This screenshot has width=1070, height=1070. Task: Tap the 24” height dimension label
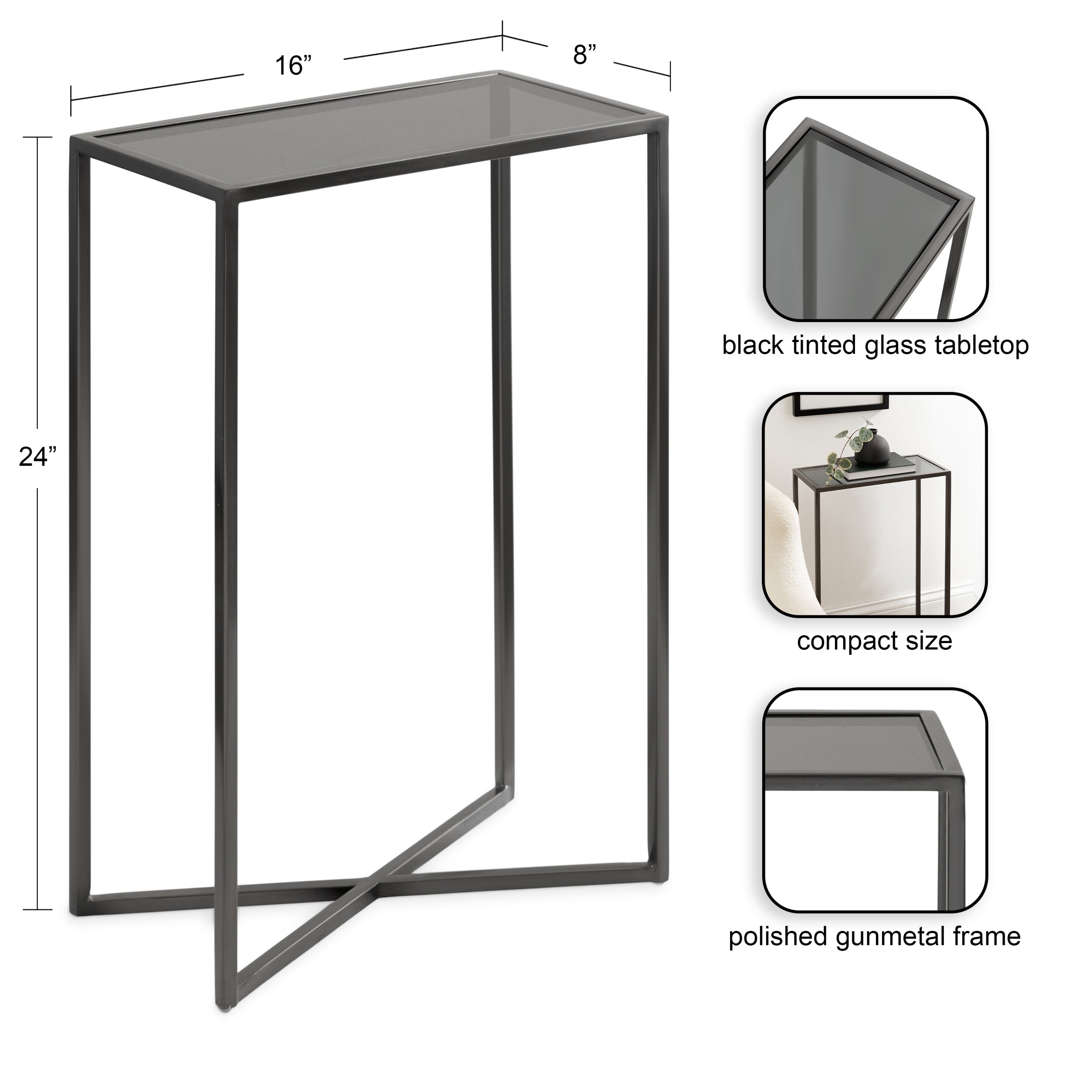(38, 457)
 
